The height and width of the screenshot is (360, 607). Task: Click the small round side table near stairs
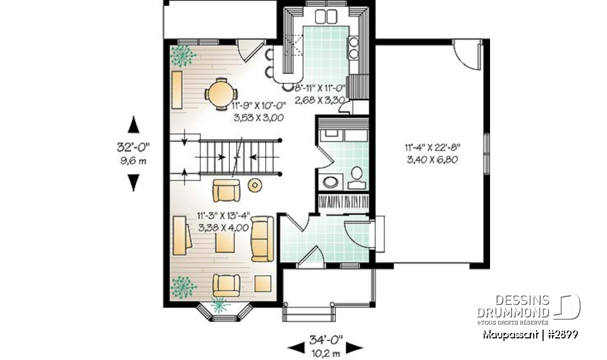point(255,185)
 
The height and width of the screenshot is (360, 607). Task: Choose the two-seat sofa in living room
point(262,238)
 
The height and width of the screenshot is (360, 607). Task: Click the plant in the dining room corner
point(183,55)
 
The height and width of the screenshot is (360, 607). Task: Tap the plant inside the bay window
point(220,306)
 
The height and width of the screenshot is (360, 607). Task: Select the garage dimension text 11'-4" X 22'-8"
point(432,147)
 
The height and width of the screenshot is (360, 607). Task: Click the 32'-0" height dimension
point(133,147)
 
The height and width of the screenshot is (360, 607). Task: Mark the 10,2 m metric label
point(326,352)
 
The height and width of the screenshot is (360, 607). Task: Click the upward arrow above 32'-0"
point(133,124)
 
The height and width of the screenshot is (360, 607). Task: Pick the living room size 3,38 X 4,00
point(223,228)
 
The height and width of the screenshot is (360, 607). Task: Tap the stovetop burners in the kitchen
point(353,48)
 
